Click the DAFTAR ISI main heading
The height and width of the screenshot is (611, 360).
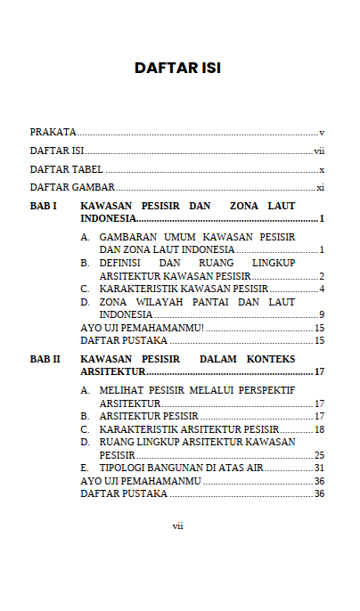[177, 68]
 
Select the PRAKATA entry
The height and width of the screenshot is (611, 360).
[53, 131]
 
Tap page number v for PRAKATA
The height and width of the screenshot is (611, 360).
[321, 131]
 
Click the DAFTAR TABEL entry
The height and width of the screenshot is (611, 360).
[66, 169]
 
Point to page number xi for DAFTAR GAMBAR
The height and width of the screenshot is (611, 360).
[320, 188]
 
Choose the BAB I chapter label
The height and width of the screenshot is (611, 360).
[44, 206]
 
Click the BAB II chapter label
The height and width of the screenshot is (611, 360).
[45, 359]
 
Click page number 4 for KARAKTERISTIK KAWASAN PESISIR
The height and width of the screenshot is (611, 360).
[321, 289]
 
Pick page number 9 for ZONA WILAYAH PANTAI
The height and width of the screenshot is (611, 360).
[321, 314]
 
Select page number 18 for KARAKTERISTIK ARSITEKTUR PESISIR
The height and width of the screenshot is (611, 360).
[319, 429]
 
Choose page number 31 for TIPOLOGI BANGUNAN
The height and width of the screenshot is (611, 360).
[319, 468]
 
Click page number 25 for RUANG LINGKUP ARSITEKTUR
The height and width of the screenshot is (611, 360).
[319, 455]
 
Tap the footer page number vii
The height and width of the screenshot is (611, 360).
[177, 525]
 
